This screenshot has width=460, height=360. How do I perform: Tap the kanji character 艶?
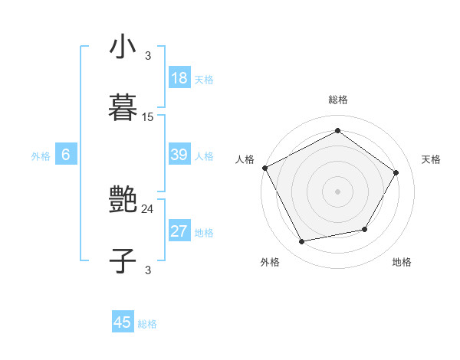[123, 201]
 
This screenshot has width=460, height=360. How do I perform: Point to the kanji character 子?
[123, 260]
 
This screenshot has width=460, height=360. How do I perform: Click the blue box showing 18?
[179, 78]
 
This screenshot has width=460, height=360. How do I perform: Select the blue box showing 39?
[179, 155]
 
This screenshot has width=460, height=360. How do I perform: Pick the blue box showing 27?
[179, 231]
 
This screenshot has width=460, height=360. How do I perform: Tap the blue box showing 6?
[65, 155]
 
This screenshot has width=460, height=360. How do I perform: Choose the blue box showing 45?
[123, 322]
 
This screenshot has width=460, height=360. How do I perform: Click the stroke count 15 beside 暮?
[148, 117]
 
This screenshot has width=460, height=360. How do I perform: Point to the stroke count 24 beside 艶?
[148, 208]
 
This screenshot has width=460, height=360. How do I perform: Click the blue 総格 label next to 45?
[147, 324]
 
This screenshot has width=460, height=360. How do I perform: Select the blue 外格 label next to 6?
[41, 156]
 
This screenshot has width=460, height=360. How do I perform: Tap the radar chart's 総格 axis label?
[337, 100]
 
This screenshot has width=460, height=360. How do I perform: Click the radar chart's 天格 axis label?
[432, 159]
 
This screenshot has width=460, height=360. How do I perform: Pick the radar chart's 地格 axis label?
[402, 262]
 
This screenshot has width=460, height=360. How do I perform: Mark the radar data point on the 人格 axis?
[265, 168]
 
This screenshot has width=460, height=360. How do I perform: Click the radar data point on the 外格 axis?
[302, 242]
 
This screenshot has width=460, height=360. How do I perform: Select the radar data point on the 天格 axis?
[396, 172]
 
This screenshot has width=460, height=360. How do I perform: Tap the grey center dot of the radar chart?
[337, 191]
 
